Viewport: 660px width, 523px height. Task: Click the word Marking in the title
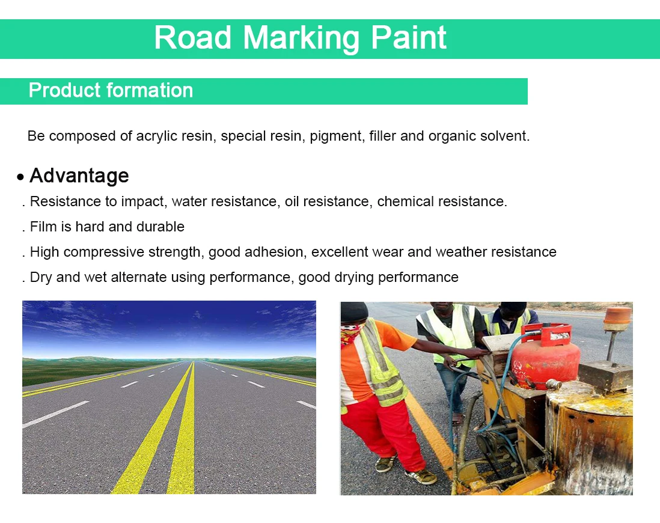(301, 38)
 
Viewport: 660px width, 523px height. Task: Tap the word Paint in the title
(408, 38)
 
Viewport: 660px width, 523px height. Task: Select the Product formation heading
(111, 91)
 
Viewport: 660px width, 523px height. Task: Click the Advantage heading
(79, 176)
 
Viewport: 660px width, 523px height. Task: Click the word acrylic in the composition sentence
(158, 136)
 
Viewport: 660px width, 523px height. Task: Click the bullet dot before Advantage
(21, 177)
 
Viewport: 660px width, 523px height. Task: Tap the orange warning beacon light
(617, 318)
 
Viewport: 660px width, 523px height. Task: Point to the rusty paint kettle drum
(589, 439)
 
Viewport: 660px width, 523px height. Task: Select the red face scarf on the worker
(351, 334)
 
